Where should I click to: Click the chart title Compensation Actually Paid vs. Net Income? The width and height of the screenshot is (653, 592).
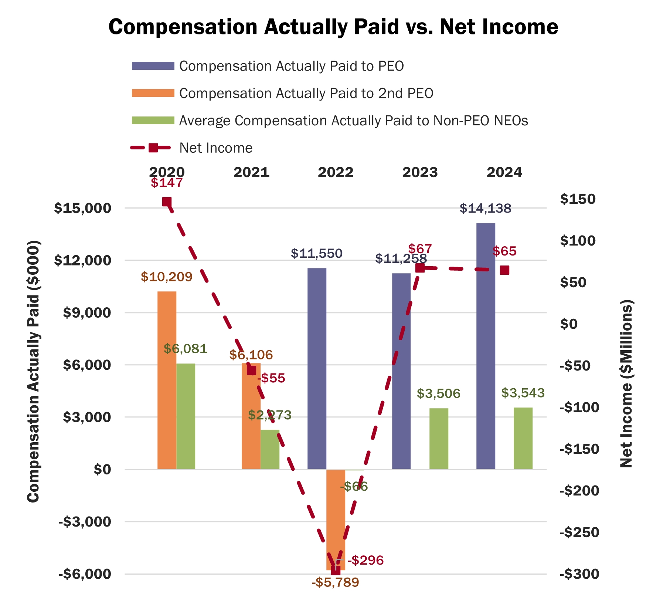coord(333,27)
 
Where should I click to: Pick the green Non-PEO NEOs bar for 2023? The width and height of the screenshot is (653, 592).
coord(439,439)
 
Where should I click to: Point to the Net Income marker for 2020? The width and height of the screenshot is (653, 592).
coord(167,202)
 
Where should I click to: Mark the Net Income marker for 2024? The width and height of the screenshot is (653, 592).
coord(504,270)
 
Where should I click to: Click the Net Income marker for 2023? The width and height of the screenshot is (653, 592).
coord(420,268)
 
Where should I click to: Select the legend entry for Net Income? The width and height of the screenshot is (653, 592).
coord(216,148)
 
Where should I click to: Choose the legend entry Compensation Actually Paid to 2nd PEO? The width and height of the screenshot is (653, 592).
coord(306,94)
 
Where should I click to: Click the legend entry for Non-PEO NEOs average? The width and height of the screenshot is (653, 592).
coord(353,121)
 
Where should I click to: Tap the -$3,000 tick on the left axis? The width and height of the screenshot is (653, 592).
coord(85,522)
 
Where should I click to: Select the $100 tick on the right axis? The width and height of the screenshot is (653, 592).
coord(578,241)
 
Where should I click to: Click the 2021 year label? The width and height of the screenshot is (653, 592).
coord(251,173)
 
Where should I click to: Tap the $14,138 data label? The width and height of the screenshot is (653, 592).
coord(485,209)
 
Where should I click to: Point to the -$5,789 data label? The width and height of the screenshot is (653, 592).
coord(335,583)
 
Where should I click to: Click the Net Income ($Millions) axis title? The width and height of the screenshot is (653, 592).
coord(626,383)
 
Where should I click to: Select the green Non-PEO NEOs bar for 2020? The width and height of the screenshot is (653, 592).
coord(186,416)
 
